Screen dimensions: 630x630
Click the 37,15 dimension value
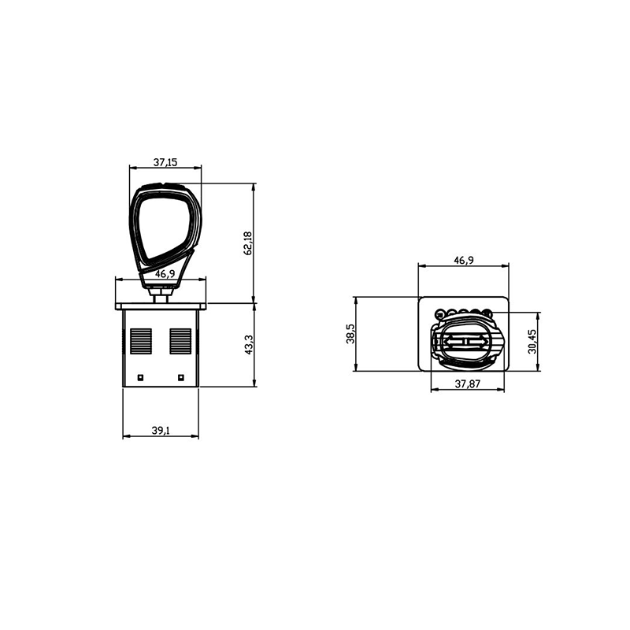(x=165, y=162)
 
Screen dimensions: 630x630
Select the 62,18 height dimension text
(x=247, y=243)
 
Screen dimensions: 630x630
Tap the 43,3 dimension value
(x=249, y=345)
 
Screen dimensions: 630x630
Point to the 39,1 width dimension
(x=161, y=430)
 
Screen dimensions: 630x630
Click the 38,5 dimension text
(x=350, y=334)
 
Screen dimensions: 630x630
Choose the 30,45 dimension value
(x=532, y=342)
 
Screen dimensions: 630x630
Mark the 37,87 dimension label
(x=467, y=384)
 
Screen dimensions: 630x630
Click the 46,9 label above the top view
(x=464, y=261)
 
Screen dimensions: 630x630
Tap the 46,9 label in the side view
(x=165, y=274)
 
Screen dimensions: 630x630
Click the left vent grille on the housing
(x=141, y=341)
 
